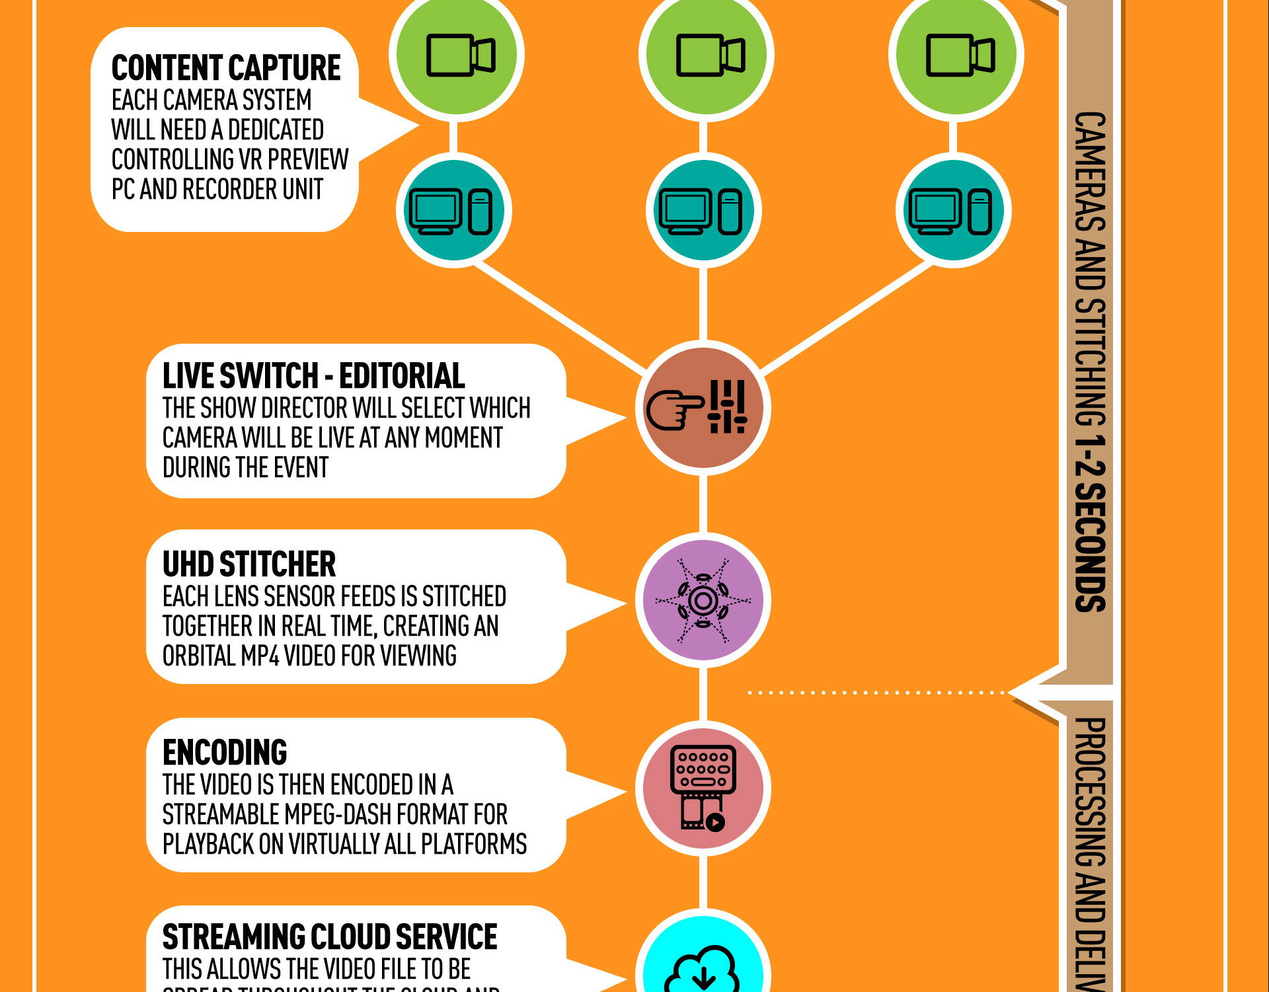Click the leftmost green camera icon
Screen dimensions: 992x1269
(457, 55)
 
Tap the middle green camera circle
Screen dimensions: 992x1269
(707, 55)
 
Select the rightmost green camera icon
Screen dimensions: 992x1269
(956, 55)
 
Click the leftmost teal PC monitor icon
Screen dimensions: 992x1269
(454, 210)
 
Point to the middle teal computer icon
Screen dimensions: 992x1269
(704, 210)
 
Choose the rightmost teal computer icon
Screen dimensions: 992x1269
(954, 210)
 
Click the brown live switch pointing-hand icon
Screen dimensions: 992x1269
(703, 408)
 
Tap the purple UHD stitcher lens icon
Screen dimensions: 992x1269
(703, 600)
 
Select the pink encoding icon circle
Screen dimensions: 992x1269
(703, 788)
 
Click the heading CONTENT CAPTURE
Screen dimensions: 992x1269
(226, 67)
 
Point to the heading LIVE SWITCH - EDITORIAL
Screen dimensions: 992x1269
(314, 376)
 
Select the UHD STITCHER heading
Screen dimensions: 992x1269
(249, 564)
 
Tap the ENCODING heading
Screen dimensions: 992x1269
(225, 752)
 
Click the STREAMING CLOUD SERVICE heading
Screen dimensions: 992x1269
(330, 936)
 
